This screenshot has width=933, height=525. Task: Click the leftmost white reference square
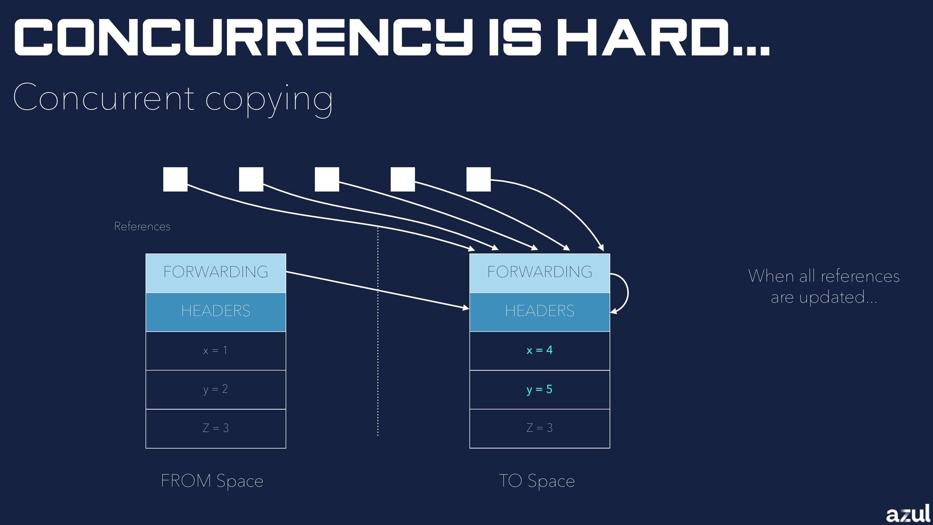(x=175, y=179)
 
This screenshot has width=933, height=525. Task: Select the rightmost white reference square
(x=479, y=179)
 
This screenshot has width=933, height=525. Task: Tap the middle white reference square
(x=327, y=179)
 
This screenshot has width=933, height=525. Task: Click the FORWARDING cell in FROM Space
(x=216, y=273)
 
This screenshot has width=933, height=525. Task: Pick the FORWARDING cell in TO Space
(x=539, y=273)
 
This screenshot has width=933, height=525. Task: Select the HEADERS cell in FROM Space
(x=216, y=312)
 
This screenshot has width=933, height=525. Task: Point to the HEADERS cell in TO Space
(x=539, y=312)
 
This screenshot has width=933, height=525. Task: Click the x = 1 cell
(x=216, y=350)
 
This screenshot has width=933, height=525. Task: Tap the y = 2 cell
(x=216, y=389)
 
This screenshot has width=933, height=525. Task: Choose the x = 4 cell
(x=539, y=350)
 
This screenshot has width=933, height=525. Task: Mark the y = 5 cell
(x=539, y=389)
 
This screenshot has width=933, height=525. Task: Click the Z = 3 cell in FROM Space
(x=216, y=428)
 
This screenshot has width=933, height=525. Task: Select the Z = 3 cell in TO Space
(x=539, y=428)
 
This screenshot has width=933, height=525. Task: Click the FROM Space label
(x=212, y=481)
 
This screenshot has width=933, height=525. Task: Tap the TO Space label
(x=537, y=481)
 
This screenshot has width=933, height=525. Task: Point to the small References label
(x=142, y=227)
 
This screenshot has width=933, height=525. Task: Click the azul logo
(x=907, y=514)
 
